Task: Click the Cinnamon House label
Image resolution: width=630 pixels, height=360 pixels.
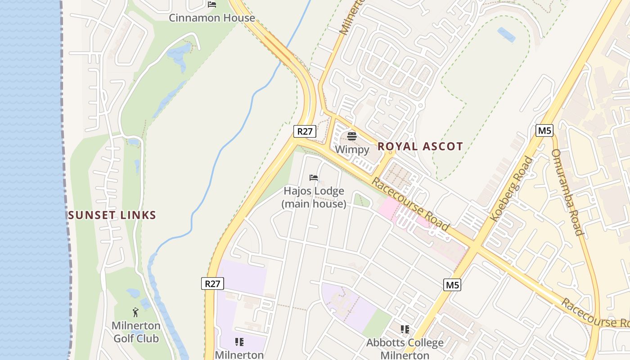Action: (211, 18)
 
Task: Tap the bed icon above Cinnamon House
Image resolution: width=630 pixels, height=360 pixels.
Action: (212, 5)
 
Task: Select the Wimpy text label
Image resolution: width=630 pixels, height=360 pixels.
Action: (352, 149)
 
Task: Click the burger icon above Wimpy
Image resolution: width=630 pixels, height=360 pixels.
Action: (352, 136)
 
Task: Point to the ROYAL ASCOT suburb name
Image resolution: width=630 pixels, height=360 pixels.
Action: (420, 146)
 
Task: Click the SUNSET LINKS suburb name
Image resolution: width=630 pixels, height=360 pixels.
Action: (112, 215)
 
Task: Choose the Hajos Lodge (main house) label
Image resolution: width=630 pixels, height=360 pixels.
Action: (314, 197)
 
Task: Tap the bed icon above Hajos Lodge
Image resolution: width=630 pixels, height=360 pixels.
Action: (314, 178)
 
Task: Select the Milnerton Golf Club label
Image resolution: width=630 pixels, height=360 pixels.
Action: (136, 332)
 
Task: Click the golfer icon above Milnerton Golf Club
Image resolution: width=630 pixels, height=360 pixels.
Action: (135, 312)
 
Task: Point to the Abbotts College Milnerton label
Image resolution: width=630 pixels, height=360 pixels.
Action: (405, 349)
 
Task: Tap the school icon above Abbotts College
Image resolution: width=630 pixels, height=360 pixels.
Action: (405, 329)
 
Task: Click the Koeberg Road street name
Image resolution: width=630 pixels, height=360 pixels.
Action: (511, 189)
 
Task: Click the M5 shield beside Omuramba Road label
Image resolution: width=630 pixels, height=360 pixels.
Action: (544, 131)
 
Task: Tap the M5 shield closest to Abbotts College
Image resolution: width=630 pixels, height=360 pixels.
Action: (452, 284)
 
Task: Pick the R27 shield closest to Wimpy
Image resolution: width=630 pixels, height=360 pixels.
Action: (305, 131)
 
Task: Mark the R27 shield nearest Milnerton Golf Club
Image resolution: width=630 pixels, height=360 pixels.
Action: (212, 283)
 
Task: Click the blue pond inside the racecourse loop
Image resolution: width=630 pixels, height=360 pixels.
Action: (507, 35)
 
